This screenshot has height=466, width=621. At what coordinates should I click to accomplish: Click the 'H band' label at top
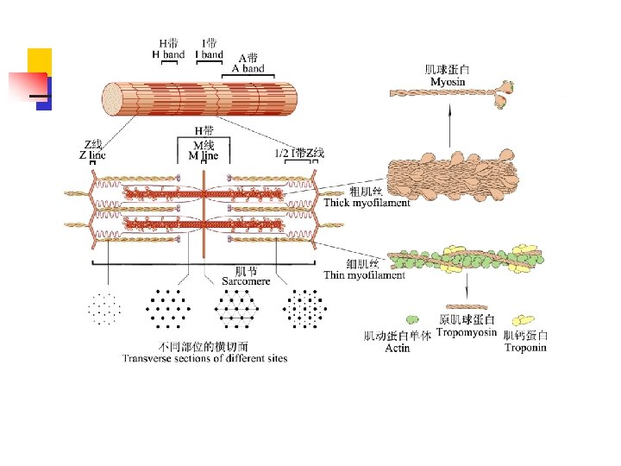(x=168, y=54)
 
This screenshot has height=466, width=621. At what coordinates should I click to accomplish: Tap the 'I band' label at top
(x=209, y=54)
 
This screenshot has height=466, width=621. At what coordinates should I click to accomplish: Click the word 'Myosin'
(x=448, y=81)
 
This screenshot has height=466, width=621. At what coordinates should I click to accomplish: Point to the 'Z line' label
(x=92, y=155)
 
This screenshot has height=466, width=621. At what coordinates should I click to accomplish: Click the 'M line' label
(x=204, y=156)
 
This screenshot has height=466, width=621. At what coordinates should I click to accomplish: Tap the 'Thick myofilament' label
(x=367, y=203)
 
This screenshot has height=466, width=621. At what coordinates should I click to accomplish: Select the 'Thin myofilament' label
(x=363, y=275)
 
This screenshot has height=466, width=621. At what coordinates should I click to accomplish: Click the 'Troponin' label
(x=525, y=348)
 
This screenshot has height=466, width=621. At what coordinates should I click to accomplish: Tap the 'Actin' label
(x=398, y=348)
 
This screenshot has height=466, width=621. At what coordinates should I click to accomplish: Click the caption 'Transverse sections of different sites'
(x=204, y=358)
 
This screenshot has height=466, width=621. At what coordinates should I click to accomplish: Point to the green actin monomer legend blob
(x=413, y=320)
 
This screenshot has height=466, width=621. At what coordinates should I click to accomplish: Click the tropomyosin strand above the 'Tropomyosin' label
(x=467, y=305)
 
